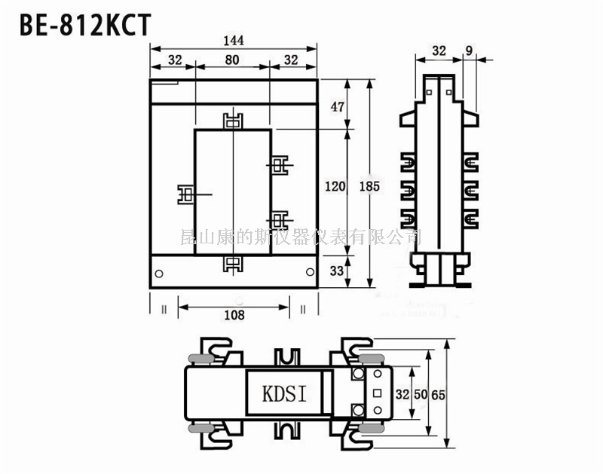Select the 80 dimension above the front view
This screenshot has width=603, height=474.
[233, 60]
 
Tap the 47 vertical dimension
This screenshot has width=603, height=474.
[338, 107]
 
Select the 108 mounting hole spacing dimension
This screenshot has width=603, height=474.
[234, 315]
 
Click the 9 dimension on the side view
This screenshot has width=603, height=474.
[470, 50]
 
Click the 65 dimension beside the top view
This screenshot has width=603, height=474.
[438, 393]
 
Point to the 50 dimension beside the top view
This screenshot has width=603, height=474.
[421, 393]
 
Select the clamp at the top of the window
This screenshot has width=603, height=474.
[234, 121]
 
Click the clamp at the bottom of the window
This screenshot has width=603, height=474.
[234, 264]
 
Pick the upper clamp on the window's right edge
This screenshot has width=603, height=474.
[280, 164]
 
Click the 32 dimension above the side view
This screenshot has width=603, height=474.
[439, 50]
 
